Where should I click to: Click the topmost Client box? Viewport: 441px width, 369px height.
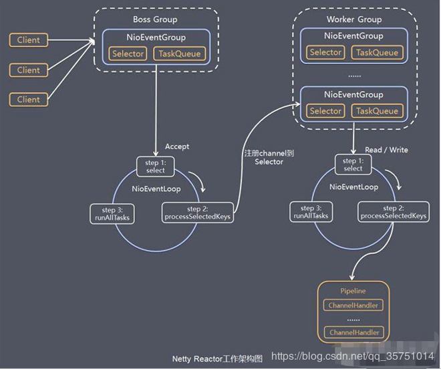(x=29, y=40)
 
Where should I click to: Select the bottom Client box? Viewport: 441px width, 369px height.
(x=29, y=100)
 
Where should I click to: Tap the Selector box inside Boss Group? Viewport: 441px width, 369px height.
(x=128, y=53)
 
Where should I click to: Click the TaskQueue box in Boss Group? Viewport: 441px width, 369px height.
(x=180, y=53)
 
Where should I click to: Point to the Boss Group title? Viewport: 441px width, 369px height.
(x=155, y=19)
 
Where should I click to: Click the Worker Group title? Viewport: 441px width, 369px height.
(x=354, y=19)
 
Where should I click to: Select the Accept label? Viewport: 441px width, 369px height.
(x=177, y=146)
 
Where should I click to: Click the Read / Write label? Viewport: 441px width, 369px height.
(x=386, y=150)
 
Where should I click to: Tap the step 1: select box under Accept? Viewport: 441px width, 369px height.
(x=155, y=166)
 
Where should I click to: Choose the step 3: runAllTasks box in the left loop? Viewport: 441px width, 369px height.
(x=112, y=214)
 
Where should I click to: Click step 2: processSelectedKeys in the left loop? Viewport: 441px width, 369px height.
(x=197, y=213)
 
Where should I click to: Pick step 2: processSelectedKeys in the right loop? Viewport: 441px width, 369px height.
(x=394, y=212)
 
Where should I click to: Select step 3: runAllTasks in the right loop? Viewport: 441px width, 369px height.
(x=311, y=212)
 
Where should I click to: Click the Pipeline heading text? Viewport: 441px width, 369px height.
(x=353, y=291)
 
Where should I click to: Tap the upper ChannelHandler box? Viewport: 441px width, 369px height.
(x=353, y=305)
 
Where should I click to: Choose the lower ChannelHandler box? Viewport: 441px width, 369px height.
(x=354, y=332)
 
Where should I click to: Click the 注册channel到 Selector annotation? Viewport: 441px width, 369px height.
(x=269, y=157)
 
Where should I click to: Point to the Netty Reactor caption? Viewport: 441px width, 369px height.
(x=217, y=359)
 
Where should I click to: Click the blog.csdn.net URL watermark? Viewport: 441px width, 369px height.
(x=353, y=356)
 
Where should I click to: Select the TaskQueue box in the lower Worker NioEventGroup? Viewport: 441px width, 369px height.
(x=377, y=111)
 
